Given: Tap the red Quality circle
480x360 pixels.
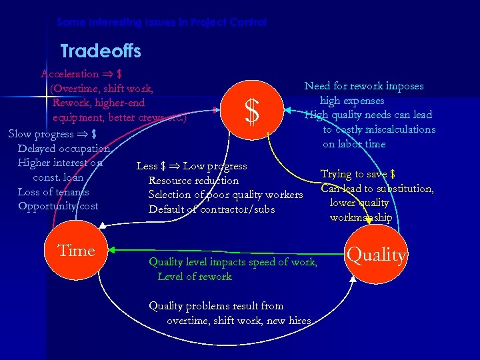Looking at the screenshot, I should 376,254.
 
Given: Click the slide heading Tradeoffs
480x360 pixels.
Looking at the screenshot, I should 101,51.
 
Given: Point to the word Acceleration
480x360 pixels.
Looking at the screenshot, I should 69,74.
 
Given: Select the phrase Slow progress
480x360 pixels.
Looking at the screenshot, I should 41,133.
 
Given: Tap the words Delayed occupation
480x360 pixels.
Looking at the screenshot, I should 64,148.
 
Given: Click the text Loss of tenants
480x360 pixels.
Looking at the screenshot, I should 53,191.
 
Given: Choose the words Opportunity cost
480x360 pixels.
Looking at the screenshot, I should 58,206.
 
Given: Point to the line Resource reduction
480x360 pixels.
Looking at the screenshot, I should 193,181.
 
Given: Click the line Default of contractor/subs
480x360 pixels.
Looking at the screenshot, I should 211,209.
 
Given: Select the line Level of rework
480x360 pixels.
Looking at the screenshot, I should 195,277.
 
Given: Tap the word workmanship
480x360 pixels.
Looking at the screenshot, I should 361,217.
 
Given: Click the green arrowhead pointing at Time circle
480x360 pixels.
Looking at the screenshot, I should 111,251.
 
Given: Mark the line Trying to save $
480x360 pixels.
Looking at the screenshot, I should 358,174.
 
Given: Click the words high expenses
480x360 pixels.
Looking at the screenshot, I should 351,100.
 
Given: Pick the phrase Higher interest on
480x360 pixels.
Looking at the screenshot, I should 60,163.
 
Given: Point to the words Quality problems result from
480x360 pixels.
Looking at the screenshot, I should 216,306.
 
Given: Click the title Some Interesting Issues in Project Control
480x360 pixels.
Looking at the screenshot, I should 161,22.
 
